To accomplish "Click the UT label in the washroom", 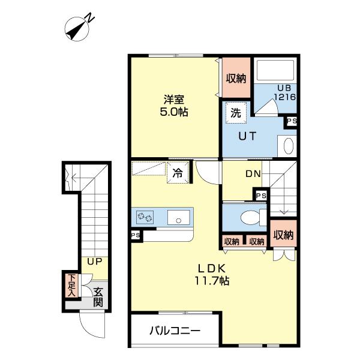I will (x=248, y=136).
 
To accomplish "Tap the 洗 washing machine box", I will (x=236, y=112).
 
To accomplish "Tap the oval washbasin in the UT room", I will (x=288, y=146).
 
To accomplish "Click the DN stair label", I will (x=253, y=174).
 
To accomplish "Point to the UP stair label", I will (x=94, y=262).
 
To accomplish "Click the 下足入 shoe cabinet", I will (x=71, y=286).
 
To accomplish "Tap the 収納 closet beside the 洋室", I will (x=236, y=78).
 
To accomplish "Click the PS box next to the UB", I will (x=292, y=122).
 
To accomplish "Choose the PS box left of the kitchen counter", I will (x=136, y=236).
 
